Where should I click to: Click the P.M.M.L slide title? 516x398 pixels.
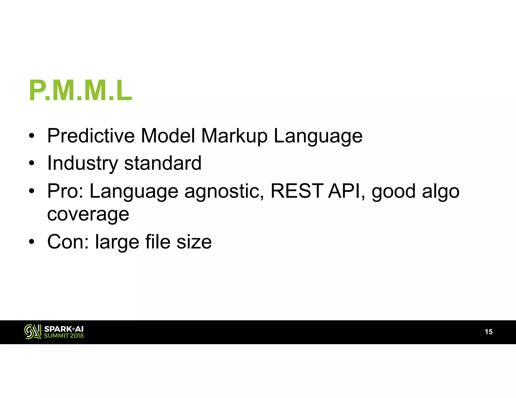81,91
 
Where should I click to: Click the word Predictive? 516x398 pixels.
91,136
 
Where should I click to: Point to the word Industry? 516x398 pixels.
83,164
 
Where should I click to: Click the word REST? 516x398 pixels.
297,191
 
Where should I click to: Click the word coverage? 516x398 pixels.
88,215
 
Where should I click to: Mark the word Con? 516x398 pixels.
68,242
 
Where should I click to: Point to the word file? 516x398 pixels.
158,242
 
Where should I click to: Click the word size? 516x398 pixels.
194,242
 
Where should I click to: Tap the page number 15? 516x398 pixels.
489,332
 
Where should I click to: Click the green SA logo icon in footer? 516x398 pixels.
33,332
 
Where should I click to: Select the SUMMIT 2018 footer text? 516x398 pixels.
64,336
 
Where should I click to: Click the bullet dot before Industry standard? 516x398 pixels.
31,163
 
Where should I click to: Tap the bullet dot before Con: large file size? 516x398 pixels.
31,242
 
